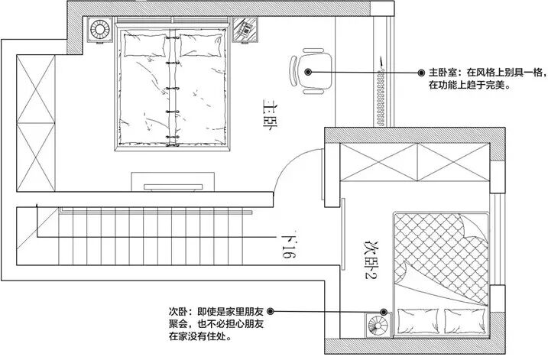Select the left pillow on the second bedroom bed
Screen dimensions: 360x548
pyautogui.click(x=415, y=320)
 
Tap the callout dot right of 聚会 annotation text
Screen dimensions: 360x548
pyautogui.click(x=271, y=312)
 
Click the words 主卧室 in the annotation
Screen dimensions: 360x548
pyautogui.click(x=442, y=73)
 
